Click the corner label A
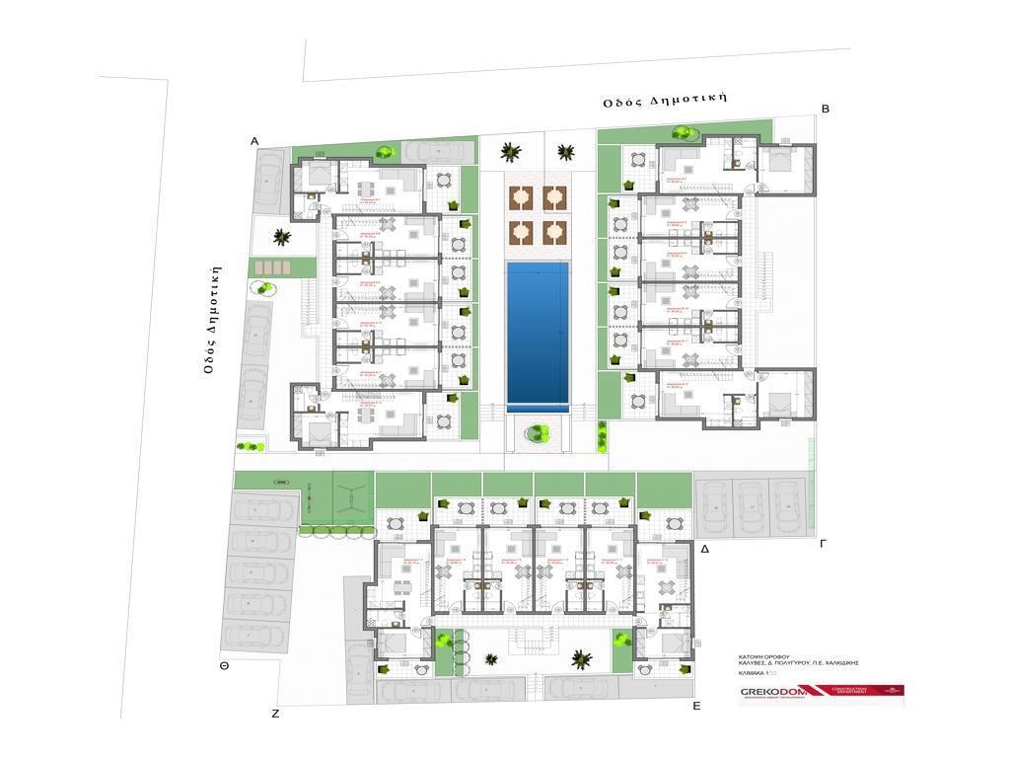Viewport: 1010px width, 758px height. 254,142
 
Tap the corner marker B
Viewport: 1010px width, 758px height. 825,110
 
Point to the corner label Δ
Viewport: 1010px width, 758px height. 704,548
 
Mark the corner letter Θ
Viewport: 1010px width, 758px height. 225,666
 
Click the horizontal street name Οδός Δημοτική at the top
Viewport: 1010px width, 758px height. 666,100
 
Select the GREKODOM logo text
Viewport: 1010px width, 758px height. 773,692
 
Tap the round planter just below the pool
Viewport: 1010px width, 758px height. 538,432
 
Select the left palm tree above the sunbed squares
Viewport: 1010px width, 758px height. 510,152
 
